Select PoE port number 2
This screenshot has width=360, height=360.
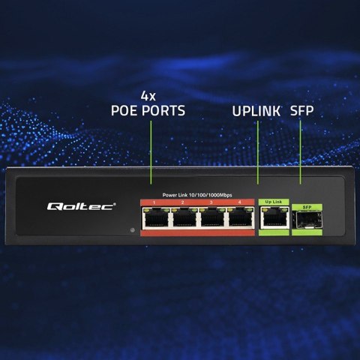[183, 218]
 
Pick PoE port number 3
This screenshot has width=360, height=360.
[211, 218]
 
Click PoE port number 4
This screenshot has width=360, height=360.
[239, 218]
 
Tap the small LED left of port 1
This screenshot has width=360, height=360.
[131, 230]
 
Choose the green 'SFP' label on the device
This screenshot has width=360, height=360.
[305, 206]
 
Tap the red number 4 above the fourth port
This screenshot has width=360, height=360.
[239, 202]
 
